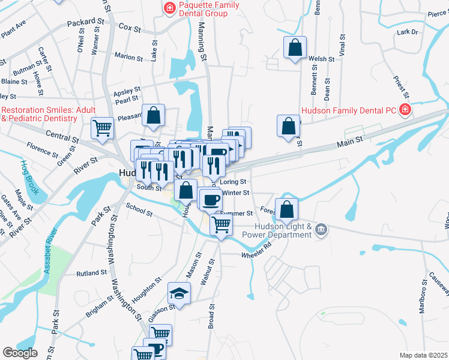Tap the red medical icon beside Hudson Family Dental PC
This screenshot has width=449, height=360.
(x=406, y=109)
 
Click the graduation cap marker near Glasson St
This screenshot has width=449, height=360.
(x=178, y=293)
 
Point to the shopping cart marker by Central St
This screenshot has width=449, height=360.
(x=102, y=128)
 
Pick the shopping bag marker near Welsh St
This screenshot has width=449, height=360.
(x=295, y=48)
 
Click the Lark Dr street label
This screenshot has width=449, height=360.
(x=407, y=32)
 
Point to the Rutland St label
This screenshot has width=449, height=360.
(x=91, y=273)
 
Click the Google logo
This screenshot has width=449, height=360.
(x=20, y=352)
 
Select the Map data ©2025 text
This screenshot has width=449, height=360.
(x=423, y=355)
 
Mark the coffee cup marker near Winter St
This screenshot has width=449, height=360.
(x=209, y=199)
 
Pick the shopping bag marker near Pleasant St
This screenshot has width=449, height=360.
(x=154, y=116)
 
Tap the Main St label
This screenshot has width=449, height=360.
(x=351, y=140)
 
